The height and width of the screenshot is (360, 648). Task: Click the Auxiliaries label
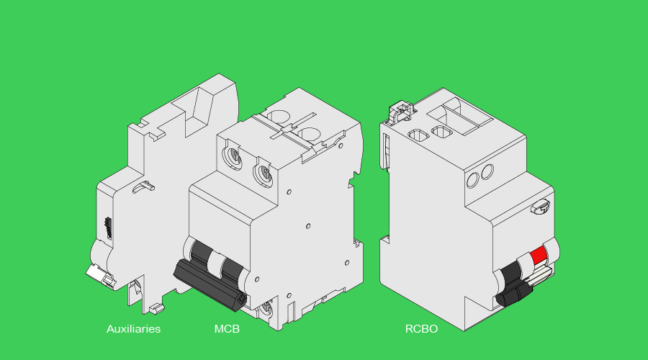[x=133, y=329]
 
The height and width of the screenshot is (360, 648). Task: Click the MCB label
[x=227, y=329]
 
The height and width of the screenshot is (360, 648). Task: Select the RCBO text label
[x=421, y=329]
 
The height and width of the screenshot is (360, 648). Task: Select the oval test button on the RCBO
[x=539, y=207]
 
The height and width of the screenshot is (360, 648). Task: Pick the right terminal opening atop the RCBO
[x=440, y=130]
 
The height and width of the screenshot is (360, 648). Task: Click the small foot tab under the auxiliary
[x=157, y=309]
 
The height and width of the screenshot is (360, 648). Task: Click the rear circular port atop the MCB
[x=277, y=115]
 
